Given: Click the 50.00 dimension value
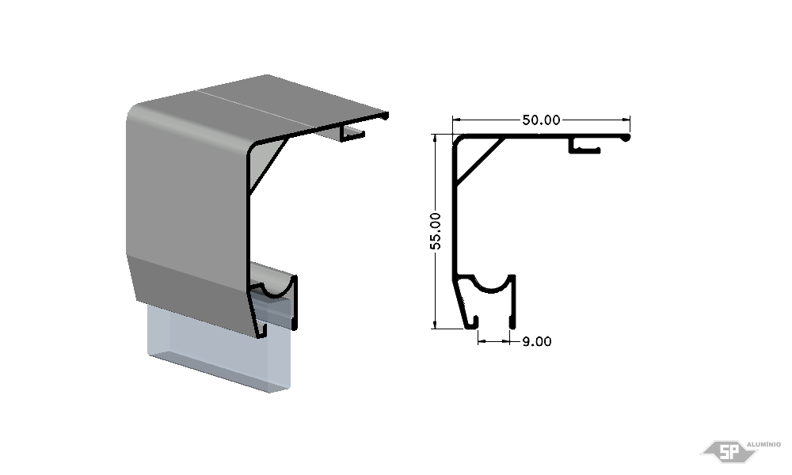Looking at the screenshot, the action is point(541,120).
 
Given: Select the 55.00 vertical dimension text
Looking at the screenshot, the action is point(436,231).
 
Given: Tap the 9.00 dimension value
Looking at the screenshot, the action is point(537,342).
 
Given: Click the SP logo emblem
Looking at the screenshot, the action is point(729,451).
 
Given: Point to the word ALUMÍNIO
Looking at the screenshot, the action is point(763,444).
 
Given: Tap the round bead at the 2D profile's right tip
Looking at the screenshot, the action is point(626,137).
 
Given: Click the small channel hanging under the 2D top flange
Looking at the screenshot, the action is point(584,146).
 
